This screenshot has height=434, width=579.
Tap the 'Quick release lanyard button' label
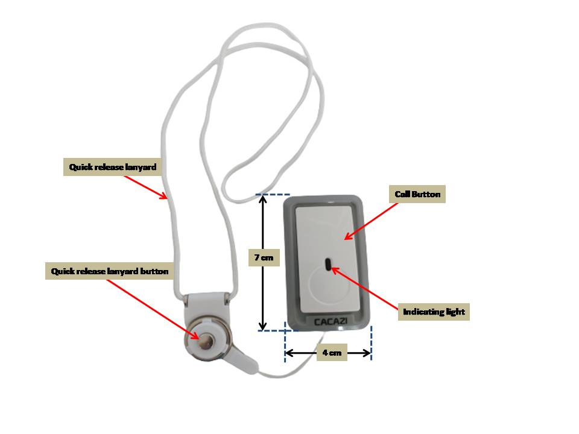pos(109,272)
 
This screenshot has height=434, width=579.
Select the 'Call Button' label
pos(417,194)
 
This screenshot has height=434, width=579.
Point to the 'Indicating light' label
pos(434,312)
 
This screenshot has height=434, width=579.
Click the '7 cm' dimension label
pos(263,257)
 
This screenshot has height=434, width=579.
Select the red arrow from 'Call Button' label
pos(372,221)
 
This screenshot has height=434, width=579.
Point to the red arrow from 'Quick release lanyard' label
pos(148,186)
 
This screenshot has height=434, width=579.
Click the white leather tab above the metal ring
pos(206,304)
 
